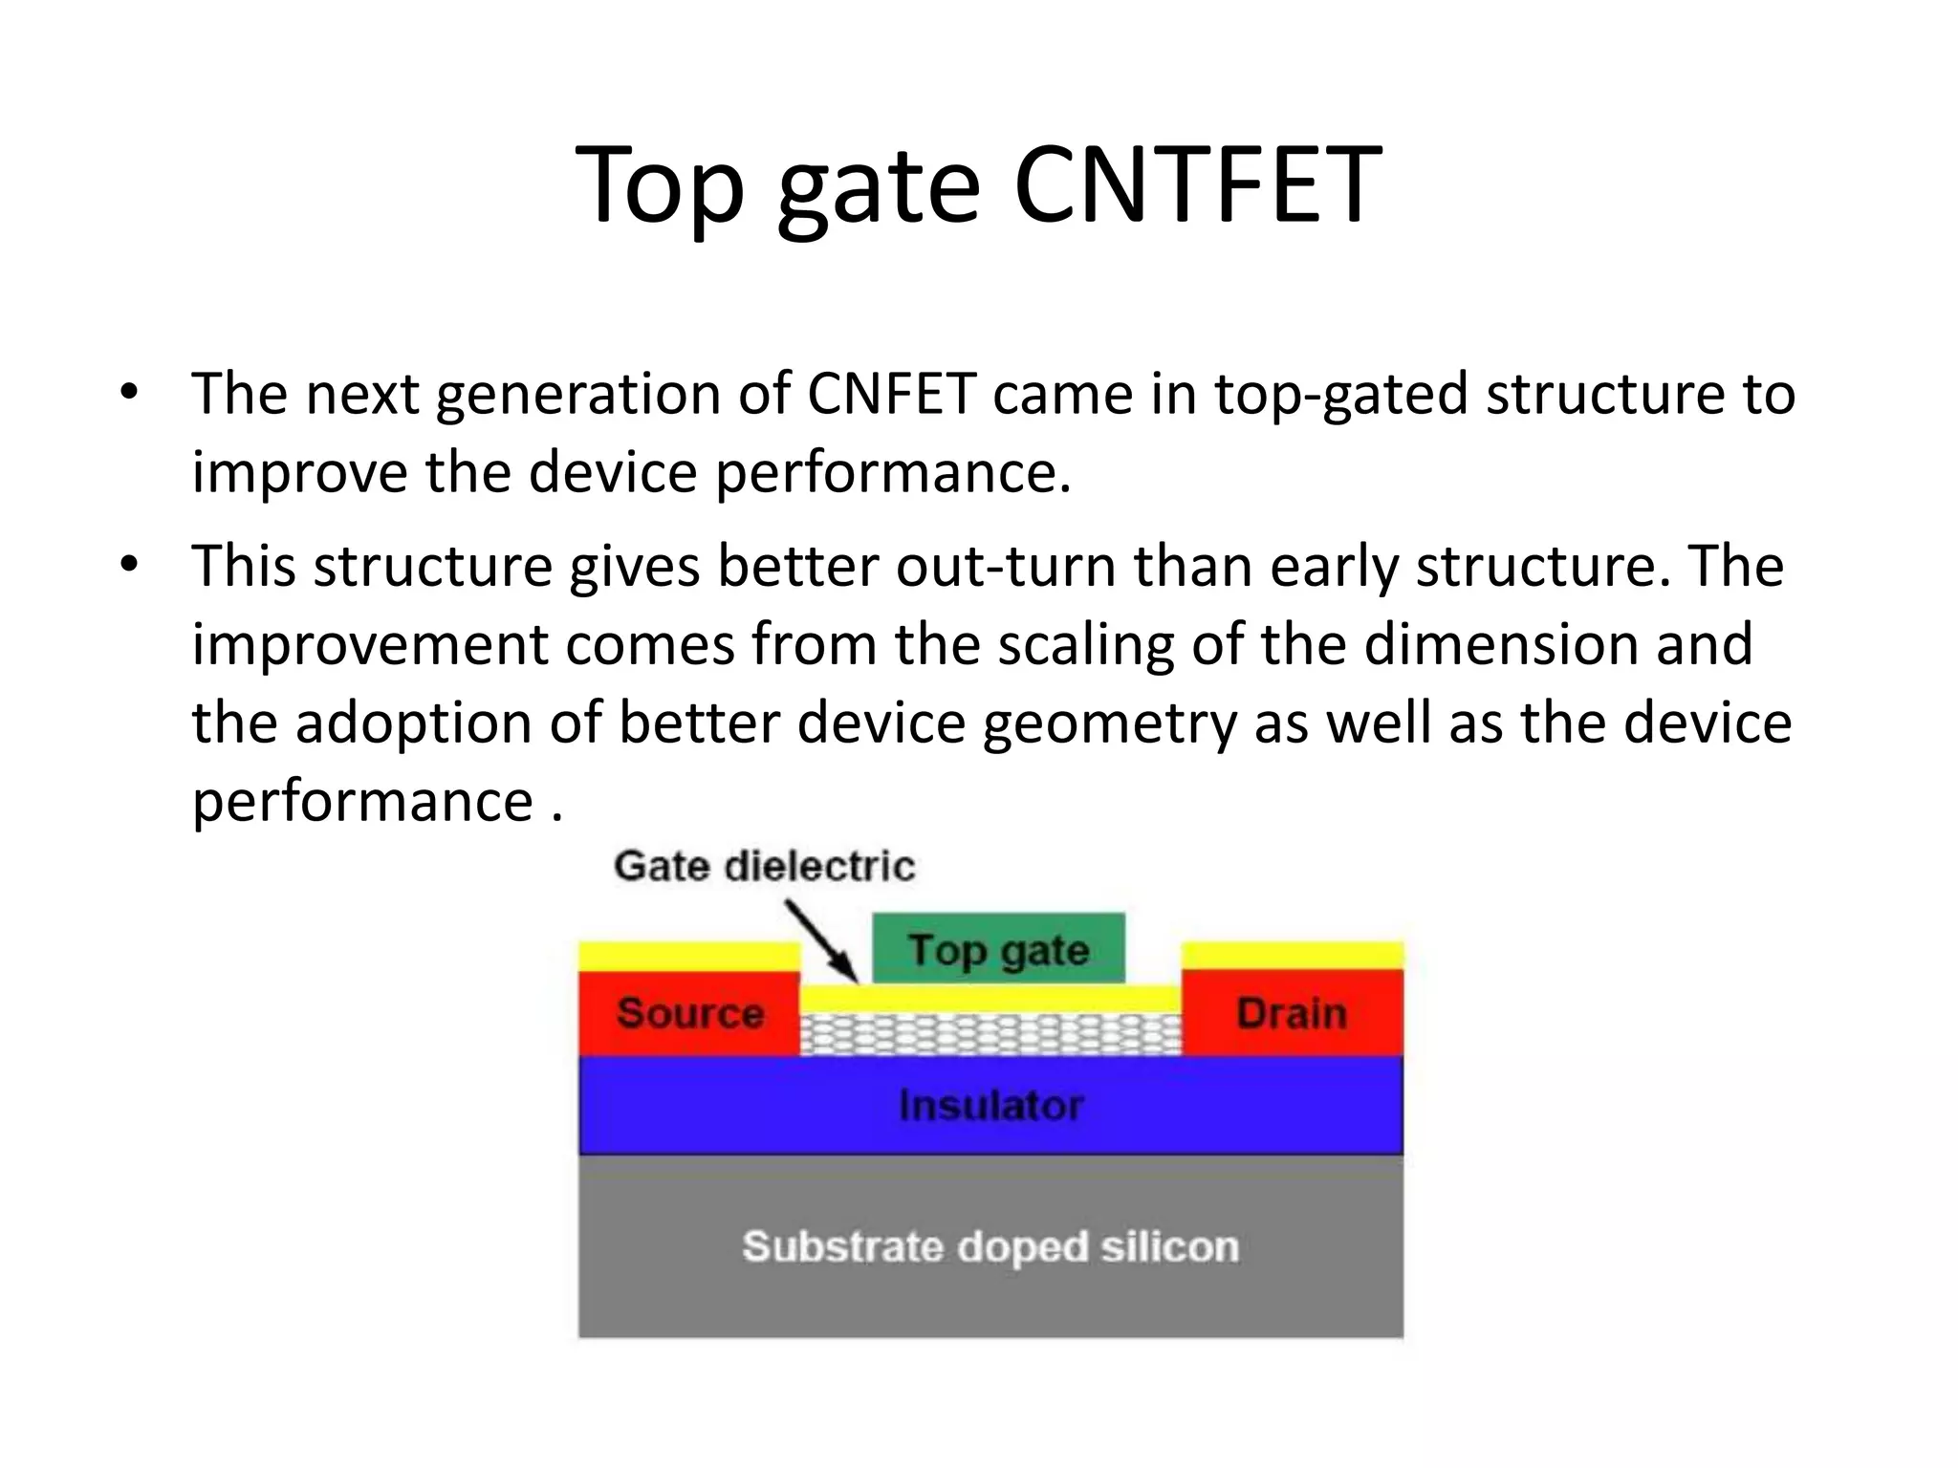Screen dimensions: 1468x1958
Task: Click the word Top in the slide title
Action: (660, 186)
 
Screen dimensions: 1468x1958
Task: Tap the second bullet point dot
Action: (129, 565)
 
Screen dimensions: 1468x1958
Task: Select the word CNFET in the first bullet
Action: (891, 394)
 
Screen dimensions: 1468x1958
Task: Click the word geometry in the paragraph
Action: (1109, 723)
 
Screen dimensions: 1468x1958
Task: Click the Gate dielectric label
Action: (764, 866)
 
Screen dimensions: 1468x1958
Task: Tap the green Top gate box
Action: (998, 949)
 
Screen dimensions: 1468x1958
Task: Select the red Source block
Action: (689, 1013)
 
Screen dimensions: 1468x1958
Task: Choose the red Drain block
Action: (1292, 1013)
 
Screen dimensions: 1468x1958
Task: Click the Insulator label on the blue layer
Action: (990, 1106)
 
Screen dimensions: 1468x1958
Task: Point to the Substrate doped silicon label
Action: (990, 1246)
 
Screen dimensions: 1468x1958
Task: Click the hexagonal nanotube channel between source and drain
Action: (990, 1034)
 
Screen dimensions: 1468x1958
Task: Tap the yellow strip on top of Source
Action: (689, 956)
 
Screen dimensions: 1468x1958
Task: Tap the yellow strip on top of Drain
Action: (1292, 956)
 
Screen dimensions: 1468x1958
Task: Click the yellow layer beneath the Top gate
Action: (990, 998)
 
